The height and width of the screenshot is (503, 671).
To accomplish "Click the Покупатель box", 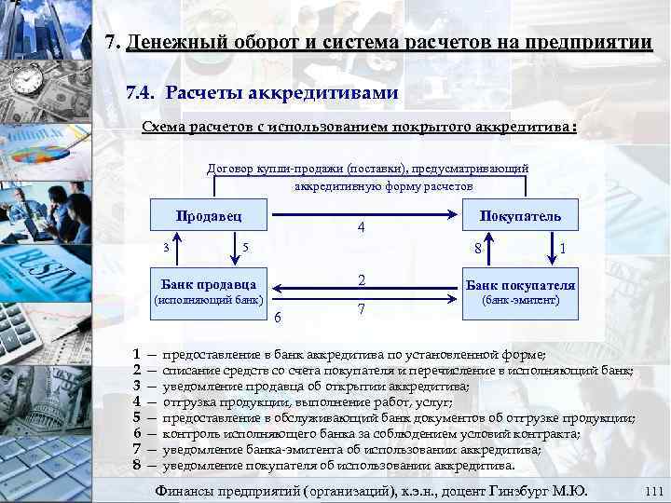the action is click(x=520, y=216).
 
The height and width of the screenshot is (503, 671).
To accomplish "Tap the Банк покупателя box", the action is click(x=520, y=285).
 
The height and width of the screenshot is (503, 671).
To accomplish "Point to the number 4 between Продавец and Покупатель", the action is click(x=361, y=228).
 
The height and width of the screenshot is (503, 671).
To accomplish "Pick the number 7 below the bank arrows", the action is click(x=361, y=308).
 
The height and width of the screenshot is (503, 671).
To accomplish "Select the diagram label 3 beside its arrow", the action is click(x=166, y=247).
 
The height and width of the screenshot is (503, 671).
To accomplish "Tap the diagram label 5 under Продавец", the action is click(x=244, y=247).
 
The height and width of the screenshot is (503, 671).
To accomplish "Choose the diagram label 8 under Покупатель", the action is click(x=476, y=248).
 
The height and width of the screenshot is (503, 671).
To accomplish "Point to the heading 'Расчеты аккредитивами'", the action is click(x=282, y=93).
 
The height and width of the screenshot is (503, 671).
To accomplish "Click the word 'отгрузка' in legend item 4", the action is click(x=192, y=401).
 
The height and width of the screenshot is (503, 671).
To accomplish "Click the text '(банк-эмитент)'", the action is click(x=520, y=301).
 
